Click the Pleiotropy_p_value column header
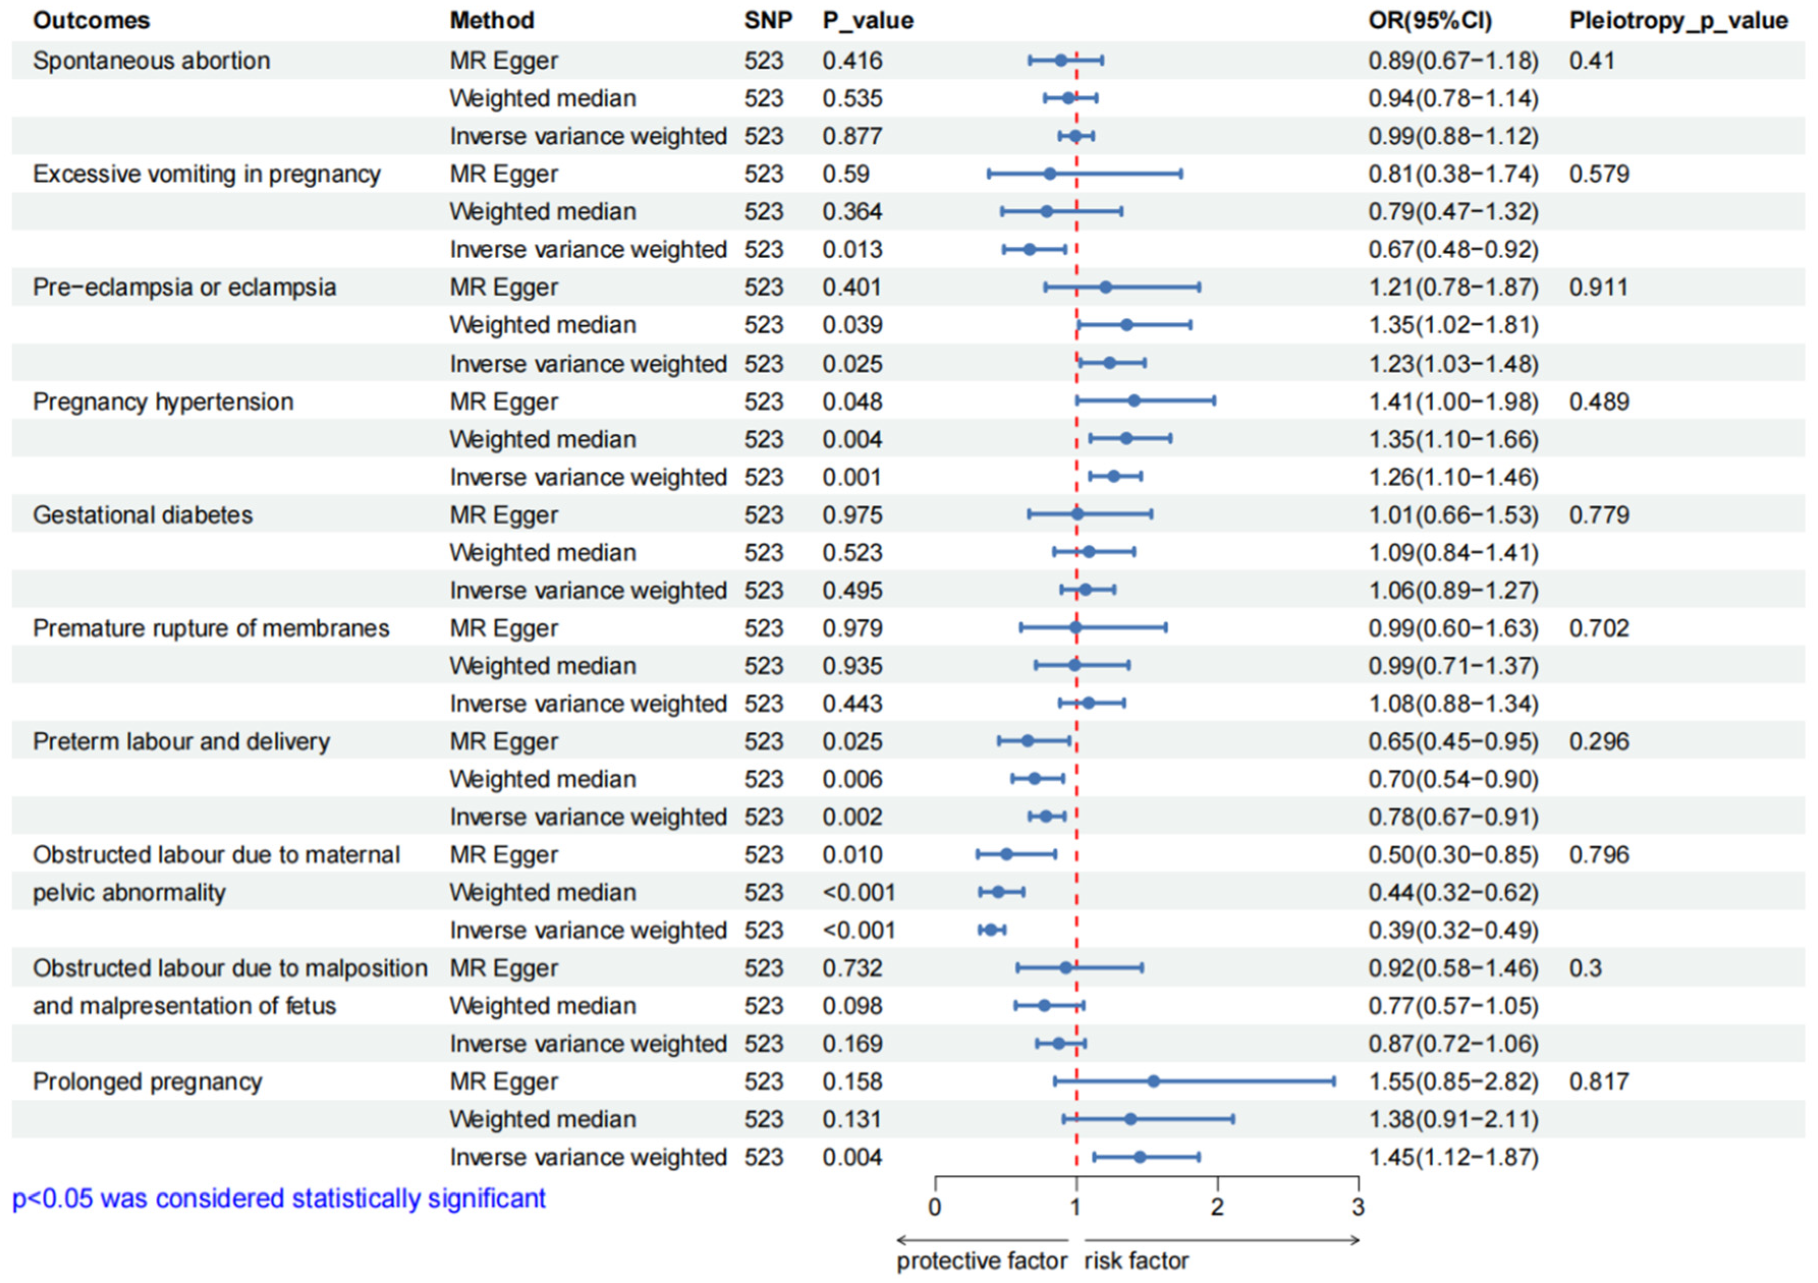point(1678,20)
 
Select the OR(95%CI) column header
point(1430,20)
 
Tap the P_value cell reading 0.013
point(852,249)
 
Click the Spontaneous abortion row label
point(151,61)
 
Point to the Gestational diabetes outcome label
point(143,515)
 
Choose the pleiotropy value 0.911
point(1598,288)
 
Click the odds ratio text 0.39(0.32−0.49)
point(1453,931)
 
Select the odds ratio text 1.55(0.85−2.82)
point(1453,1082)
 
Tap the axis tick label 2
point(1217,1208)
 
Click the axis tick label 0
point(935,1208)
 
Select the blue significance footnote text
point(278,1199)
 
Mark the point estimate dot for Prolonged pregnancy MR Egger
point(1154,1081)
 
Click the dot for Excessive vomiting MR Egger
point(1050,174)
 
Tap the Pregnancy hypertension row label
point(163,402)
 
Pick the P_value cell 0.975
point(852,515)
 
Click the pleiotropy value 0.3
point(1585,969)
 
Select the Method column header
point(492,20)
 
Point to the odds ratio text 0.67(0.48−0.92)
point(1453,249)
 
